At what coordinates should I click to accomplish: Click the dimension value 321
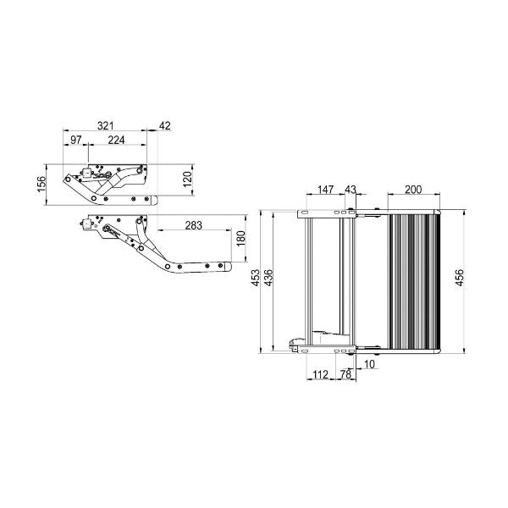coord(107,125)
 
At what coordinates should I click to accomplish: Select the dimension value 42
coord(164,125)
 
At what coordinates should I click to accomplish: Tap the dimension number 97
coord(76,139)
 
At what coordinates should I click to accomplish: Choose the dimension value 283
coord(193,226)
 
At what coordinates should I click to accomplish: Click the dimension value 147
coord(325,190)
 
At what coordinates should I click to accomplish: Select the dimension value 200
coord(413,190)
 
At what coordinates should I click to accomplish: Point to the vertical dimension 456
coord(460,280)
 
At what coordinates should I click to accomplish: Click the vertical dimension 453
coord(257,280)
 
